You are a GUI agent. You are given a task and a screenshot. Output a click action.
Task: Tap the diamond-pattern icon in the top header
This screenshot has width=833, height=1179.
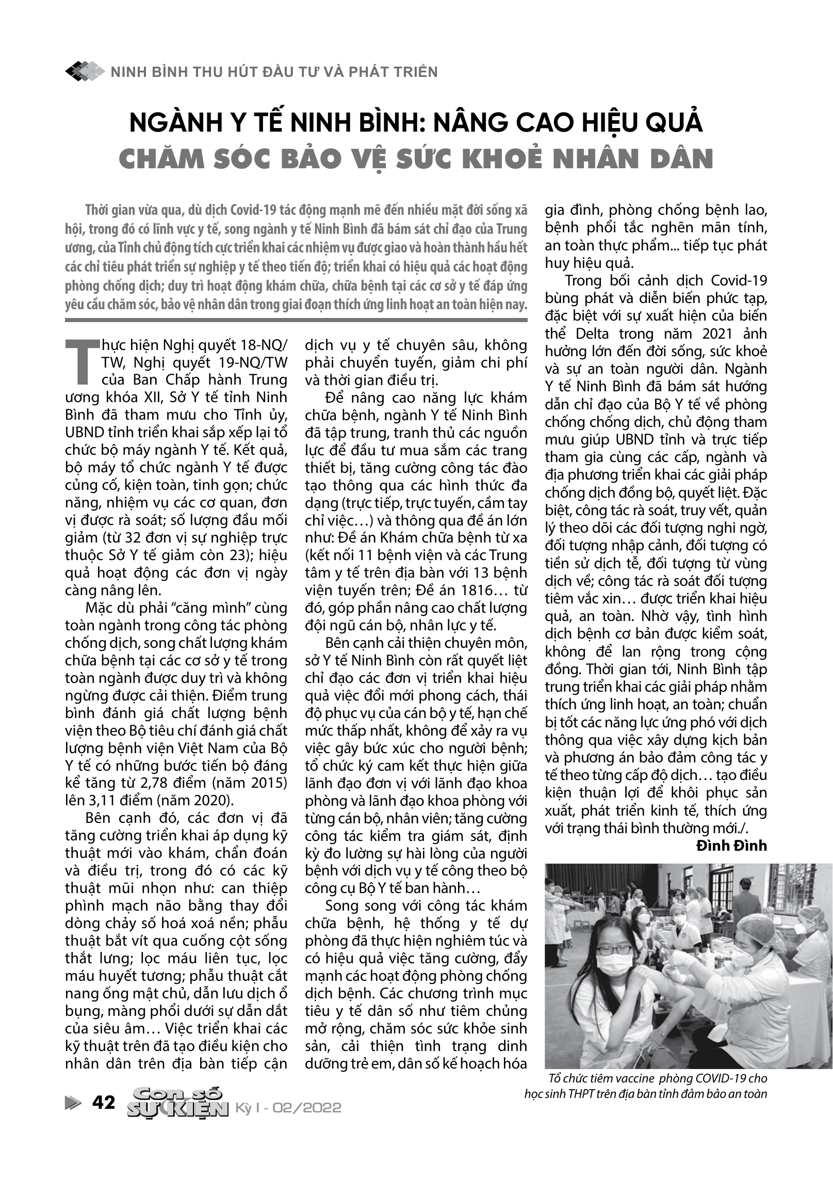(85, 71)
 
